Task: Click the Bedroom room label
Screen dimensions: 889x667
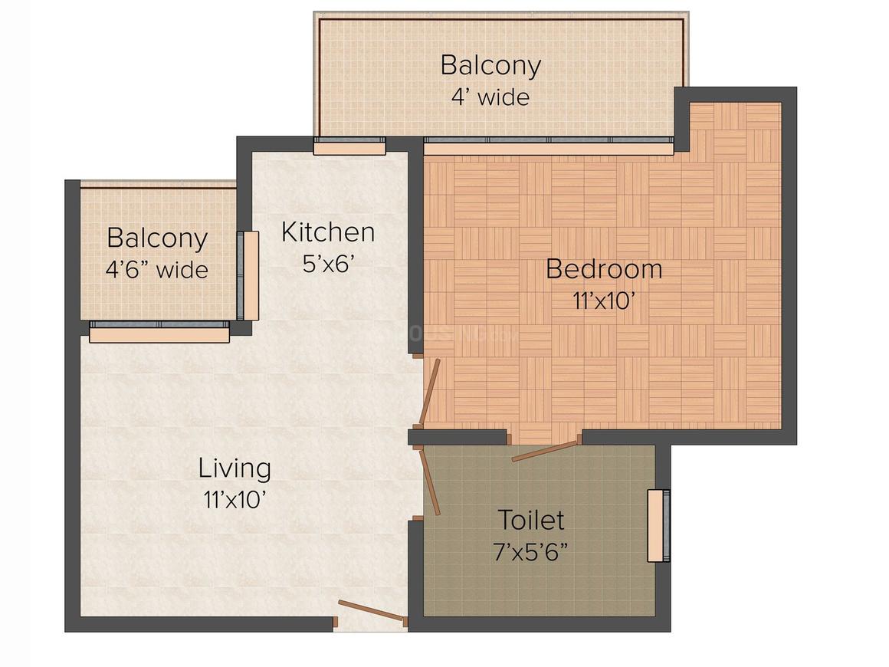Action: [604, 269]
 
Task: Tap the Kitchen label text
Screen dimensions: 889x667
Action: [328, 232]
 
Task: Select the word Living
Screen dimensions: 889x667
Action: [235, 468]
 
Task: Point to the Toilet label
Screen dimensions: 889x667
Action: [530, 520]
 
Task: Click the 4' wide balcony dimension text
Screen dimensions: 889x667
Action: [490, 97]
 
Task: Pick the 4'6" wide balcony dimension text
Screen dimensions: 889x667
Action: [157, 269]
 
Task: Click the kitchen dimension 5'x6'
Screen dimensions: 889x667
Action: [328, 264]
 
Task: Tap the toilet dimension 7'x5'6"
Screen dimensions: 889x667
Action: [530, 551]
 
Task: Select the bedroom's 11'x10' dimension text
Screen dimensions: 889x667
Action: [603, 301]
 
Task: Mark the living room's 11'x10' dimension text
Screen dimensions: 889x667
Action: [235, 500]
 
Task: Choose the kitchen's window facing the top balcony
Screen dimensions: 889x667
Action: [349, 146]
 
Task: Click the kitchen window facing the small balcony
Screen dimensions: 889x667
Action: [248, 276]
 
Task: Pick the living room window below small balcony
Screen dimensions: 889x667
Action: [159, 332]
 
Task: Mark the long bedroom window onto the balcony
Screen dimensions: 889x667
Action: [549, 146]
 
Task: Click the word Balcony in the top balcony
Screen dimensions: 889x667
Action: [490, 66]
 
